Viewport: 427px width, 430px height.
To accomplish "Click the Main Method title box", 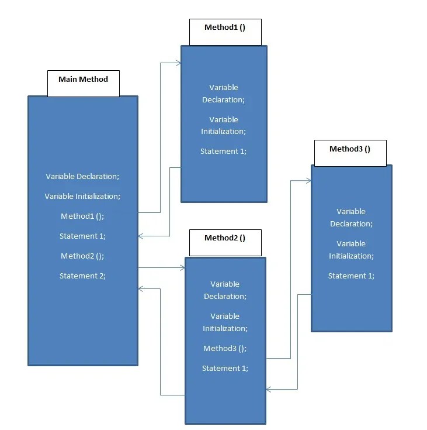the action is click(x=84, y=83).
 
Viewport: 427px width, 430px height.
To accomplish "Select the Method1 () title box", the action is click(x=225, y=32).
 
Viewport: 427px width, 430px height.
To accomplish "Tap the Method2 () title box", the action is click(x=225, y=243).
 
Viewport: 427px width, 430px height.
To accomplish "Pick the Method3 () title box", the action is click(x=350, y=153).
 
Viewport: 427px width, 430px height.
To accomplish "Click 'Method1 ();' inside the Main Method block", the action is click(x=82, y=216).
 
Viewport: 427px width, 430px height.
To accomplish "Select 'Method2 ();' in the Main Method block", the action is click(x=82, y=256).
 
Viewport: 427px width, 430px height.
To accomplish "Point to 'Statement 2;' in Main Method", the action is click(x=82, y=276).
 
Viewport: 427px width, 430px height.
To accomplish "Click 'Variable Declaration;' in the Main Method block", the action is click(x=82, y=176).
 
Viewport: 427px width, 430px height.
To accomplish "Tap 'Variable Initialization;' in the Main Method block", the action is click(x=82, y=197).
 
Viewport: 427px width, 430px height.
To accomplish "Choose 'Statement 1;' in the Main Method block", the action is click(x=82, y=236).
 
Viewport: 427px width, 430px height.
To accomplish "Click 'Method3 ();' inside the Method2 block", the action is click(x=225, y=349).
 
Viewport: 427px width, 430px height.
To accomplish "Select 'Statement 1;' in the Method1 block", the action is click(x=223, y=152).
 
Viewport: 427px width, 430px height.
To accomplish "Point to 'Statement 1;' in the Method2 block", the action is click(x=225, y=369).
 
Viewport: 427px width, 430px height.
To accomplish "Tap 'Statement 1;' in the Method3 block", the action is click(x=351, y=276).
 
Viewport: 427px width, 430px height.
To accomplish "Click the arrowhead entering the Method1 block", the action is click(x=179, y=63).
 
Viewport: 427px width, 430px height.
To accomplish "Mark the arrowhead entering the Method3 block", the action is click(x=308, y=181).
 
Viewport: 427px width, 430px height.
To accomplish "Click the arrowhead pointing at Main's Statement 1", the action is click(x=141, y=236).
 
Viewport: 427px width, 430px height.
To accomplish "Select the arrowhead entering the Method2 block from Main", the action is click(x=182, y=268).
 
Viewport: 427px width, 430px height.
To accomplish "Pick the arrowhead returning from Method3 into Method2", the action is click(x=269, y=389).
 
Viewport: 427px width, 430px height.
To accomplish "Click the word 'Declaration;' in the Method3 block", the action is click(x=351, y=224).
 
